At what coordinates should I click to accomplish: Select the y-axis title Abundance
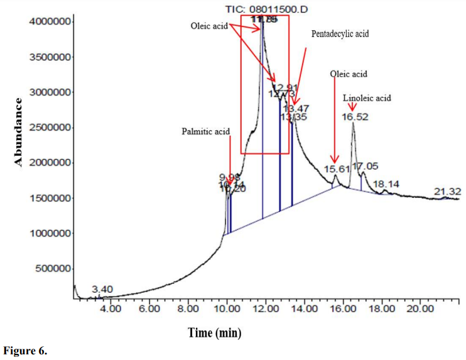coord(18,131)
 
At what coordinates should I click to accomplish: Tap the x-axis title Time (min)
coord(215,333)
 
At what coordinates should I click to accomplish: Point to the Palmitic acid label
coord(206,131)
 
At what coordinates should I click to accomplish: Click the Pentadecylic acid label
coord(340,34)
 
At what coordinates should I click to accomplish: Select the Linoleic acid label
coord(367,98)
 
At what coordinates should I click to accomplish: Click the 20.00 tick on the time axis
coord(420,309)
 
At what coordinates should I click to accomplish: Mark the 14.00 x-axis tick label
coord(304,309)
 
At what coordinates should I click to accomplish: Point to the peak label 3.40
coord(102,289)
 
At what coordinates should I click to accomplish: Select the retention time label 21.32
coord(447,191)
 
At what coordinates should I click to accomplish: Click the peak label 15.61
coord(337,170)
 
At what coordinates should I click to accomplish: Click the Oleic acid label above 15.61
coord(349,74)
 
